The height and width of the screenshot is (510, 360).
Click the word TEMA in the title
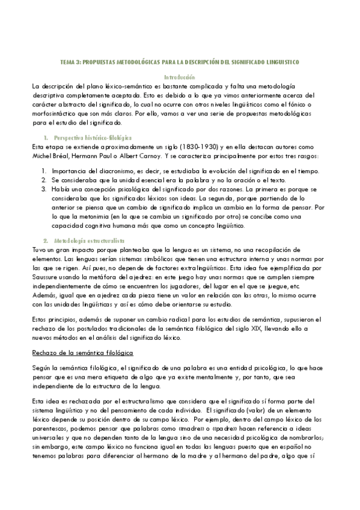pyautogui.click(x=69, y=62)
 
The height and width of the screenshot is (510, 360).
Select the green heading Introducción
pyautogui.click(x=180, y=77)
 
